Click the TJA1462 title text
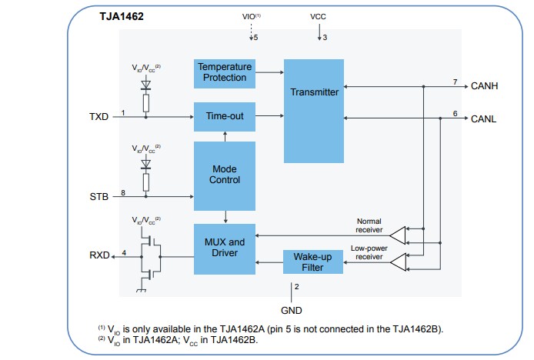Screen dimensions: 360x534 [122, 15]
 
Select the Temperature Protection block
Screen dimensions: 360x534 [223, 72]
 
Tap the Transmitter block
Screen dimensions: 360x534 [314, 92]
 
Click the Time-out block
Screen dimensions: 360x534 [223, 116]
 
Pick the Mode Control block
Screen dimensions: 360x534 [224, 174]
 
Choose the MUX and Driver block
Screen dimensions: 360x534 [224, 248]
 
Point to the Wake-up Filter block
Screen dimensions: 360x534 [312, 262]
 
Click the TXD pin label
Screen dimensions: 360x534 [99, 117]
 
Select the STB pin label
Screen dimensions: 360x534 [99, 197]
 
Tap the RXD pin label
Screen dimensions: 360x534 [99, 256]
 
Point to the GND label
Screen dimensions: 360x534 [292, 310]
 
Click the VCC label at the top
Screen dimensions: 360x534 [319, 15]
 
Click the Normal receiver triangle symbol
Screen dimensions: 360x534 [398, 232]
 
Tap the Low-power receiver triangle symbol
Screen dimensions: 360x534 [398, 263]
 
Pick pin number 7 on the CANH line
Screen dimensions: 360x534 [455, 82]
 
